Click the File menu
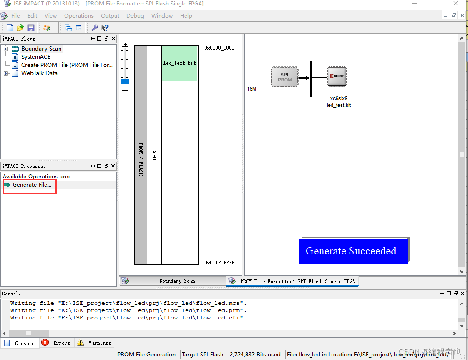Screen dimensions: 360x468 tap(15, 15)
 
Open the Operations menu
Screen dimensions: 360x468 tap(79, 15)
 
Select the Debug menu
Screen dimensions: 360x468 tap(135, 15)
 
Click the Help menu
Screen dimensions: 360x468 tap(186, 15)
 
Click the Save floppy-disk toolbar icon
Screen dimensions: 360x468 tap(31, 28)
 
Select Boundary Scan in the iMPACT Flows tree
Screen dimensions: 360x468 tap(41, 49)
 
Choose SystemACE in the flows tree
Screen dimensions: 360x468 tap(36, 57)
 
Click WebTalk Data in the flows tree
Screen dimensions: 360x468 tap(39, 73)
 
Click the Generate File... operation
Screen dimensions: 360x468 tap(32, 185)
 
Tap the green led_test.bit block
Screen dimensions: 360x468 tap(180, 63)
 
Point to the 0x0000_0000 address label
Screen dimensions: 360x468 tap(219, 48)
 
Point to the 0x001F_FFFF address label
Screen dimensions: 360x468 tap(219, 263)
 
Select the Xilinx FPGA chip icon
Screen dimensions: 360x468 tap(337, 76)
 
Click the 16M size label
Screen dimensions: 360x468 tap(252, 89)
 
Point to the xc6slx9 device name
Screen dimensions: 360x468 tap(339, 98)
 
